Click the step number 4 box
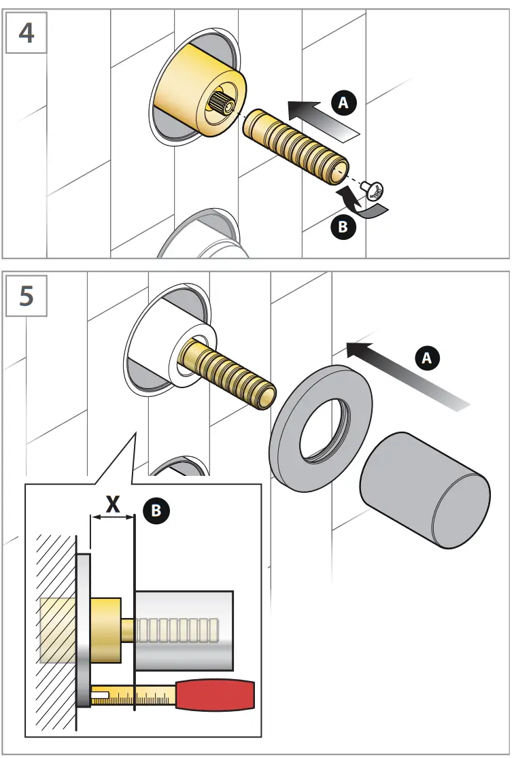tap(27, 32)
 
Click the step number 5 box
tap(27, 297)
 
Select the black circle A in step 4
tap(343, 103)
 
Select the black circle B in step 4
tap(343, 226)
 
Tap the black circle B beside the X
tap(156, 511)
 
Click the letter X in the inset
tap(114, 504)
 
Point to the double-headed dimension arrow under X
tap(113, 518)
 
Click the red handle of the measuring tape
tap(216, 694)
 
